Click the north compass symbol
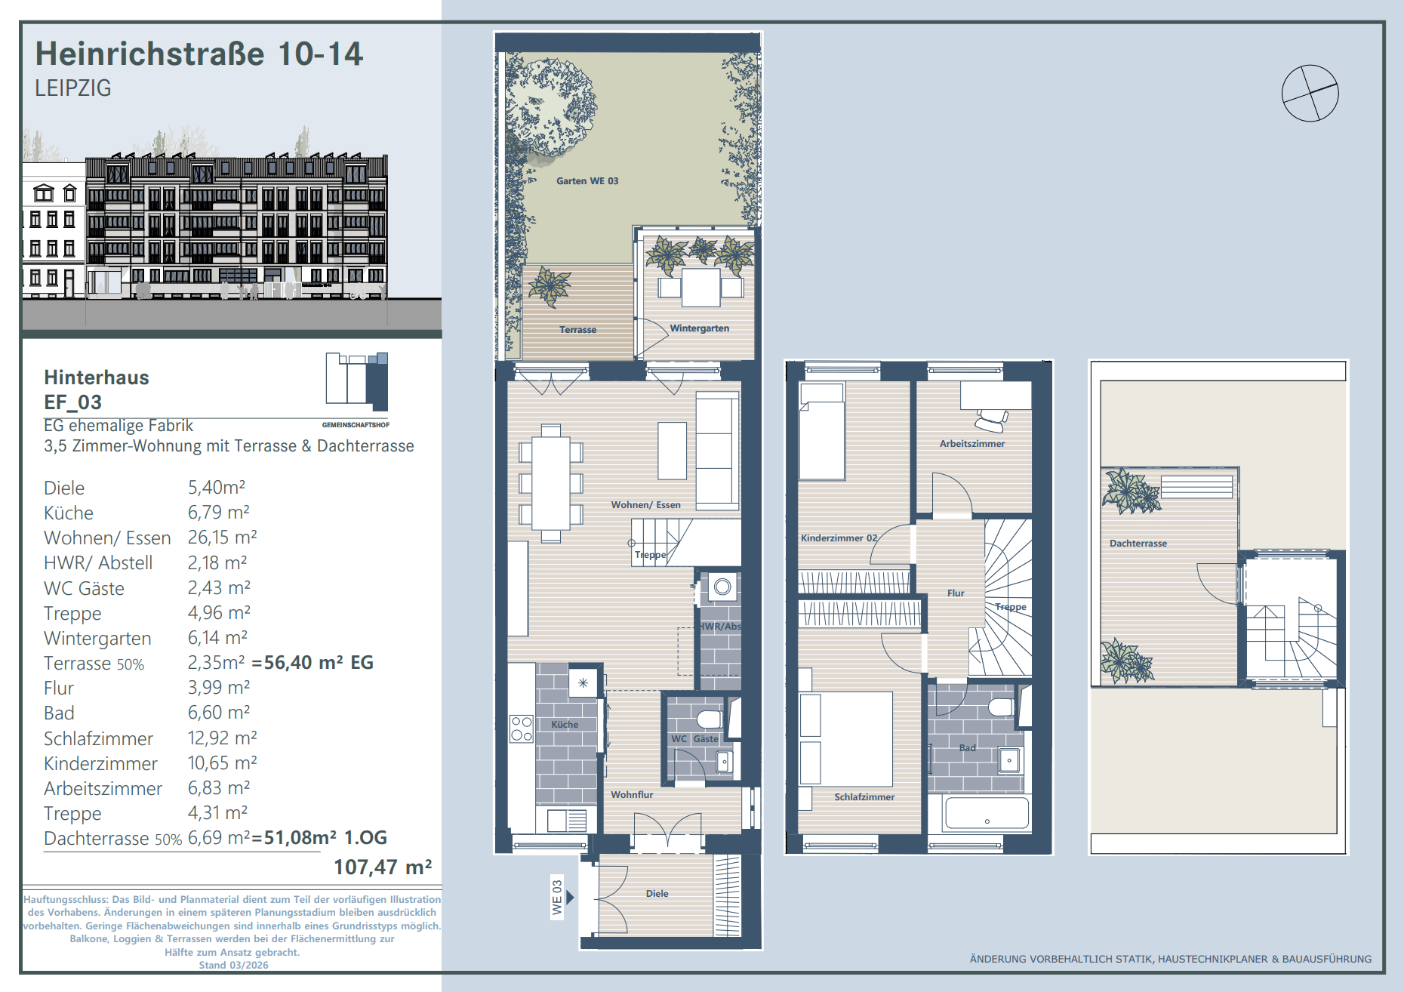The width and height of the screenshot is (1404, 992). click(x=1310, y=93)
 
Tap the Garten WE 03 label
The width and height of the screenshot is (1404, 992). click(x=587, y=181)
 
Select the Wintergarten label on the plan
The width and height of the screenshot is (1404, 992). click(x=700, y=328)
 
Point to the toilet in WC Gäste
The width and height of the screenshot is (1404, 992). click(x=710, y=717)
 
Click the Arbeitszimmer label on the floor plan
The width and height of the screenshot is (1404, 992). click(x=972, y=444)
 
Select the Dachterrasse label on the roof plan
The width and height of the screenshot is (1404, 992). click(x=1138, y=544)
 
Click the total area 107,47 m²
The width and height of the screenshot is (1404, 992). click(x=383, y=867)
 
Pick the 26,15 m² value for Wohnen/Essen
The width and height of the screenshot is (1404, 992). click(x=223, y=538)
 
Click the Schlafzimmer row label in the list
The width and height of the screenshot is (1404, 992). click(x=98, y=738)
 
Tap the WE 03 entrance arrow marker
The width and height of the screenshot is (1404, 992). click(x=571, y=897)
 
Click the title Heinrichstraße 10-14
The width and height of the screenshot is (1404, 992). click(x=199, y=54)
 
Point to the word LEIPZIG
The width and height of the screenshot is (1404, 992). click(x=73, y=88)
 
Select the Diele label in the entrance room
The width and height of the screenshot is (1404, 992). click(x=657, y=894)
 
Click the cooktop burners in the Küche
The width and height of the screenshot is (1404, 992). click(x=522, y=729)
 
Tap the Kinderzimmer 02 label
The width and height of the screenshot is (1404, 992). click(x=839, y=538)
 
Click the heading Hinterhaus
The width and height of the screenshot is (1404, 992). click(x=97, y=377)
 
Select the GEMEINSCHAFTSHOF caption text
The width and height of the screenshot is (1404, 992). click(x=356, y=425)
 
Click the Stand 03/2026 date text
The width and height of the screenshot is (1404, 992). click(x=233, y=966)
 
